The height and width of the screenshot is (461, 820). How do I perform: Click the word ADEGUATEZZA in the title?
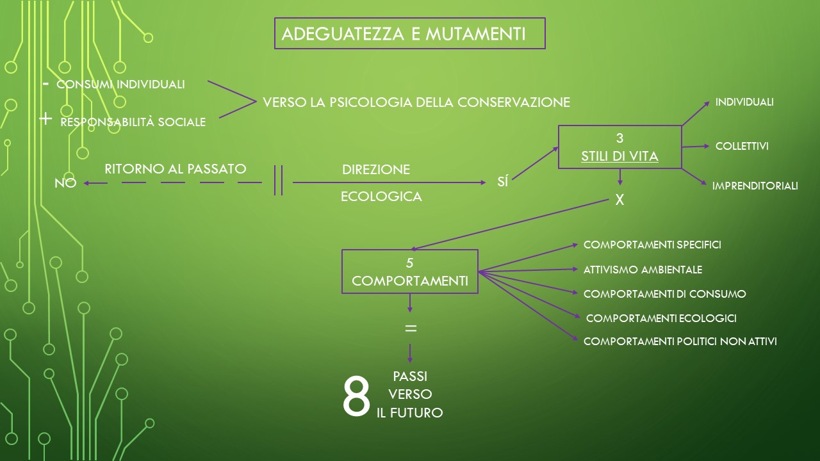pos(343,34)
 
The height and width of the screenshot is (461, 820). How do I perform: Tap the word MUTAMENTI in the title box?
pos(475,34)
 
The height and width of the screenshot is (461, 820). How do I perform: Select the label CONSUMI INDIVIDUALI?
pos(120,85)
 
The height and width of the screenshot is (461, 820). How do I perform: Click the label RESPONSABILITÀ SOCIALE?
pos(133,122)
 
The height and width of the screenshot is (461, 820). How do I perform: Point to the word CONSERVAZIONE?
pos(514,102)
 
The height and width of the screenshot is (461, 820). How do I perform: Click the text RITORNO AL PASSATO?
pos(176,169)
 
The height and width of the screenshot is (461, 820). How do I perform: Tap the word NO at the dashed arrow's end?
pos(65,183)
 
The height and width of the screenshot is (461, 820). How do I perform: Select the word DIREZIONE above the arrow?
pos(376,170)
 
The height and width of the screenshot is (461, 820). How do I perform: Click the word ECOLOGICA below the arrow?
pos(381,197)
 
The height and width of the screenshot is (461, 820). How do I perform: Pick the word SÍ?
pos(503,181)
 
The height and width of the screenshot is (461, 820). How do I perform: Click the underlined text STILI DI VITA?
pos(619,157)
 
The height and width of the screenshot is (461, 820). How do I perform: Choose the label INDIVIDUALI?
pos(744,102)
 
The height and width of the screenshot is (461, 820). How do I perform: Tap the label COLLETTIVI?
pos(742,147)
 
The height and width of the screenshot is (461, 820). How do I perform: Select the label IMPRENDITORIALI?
pos(755,186)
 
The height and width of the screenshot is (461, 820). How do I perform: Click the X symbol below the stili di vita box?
pos(619,200)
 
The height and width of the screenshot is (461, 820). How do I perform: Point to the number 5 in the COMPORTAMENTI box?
pos(409,263)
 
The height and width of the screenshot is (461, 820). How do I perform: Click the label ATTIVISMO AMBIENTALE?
pos(643,270)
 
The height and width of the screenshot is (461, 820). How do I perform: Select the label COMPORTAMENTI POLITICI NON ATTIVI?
pos(680,341)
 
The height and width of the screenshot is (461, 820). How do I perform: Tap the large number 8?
pos(356,396)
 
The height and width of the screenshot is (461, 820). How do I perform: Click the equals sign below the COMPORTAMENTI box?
pos(411,328)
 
